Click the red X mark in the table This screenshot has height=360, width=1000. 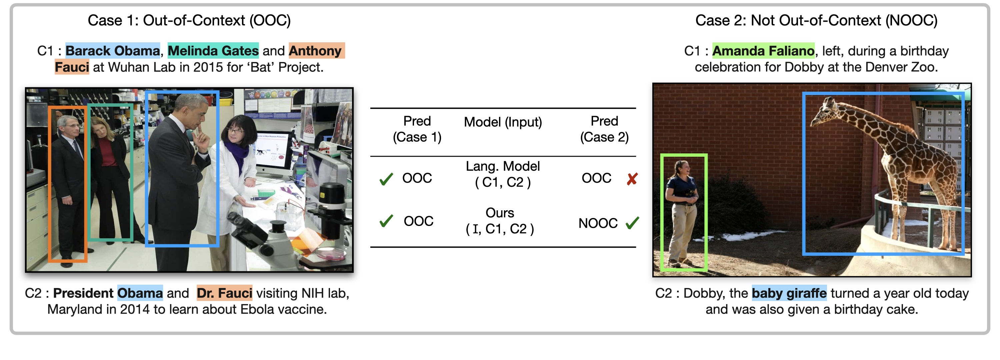(x=632, y=179)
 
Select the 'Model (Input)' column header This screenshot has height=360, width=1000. (x=502, y=122)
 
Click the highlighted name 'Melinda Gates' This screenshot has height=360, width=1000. (x=213, y=51)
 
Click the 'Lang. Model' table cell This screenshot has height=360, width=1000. (x=502, y=166)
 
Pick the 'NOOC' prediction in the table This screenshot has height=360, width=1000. (x=597, y=223)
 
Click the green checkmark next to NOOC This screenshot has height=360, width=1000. (x=632, y=223)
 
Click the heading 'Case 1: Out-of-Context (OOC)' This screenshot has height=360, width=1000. (x=189, y=20)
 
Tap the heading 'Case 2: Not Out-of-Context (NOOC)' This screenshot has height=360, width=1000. (x=816, y=20)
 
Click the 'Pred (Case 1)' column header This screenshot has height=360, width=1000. (x=417, y=129)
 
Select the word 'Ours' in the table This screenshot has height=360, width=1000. (x=500, y=213)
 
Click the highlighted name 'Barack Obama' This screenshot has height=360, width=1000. (x=113, y=51)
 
